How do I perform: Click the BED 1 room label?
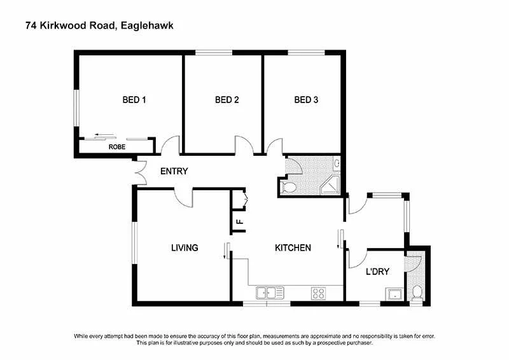[x=134, y=100]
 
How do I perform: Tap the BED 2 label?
[x=227, y=100]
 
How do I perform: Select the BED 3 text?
[x=306, y=100]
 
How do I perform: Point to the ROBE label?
[x=117, y=147]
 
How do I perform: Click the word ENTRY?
[x=174, y=171]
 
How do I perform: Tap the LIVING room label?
[x=185, y=247]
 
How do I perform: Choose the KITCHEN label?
[x=293, y=247]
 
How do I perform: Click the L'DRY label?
[x=377, y=272]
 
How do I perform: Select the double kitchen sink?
[x=270, y=293]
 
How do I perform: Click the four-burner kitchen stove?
[x=318, y=293]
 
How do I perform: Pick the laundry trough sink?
[x=394, y=294]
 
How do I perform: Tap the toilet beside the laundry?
[x=417, y=293]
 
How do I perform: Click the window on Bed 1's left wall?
[x=76, y=107]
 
